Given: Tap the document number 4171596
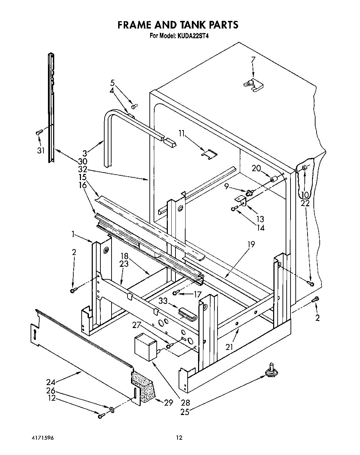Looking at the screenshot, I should point(41,438).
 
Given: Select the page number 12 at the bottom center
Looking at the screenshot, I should point(179,438).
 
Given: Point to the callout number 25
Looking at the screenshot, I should point(185,412).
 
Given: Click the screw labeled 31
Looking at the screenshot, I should point(39,132).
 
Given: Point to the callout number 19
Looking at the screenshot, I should point(251,245).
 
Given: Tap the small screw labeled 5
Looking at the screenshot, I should point(134,106).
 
